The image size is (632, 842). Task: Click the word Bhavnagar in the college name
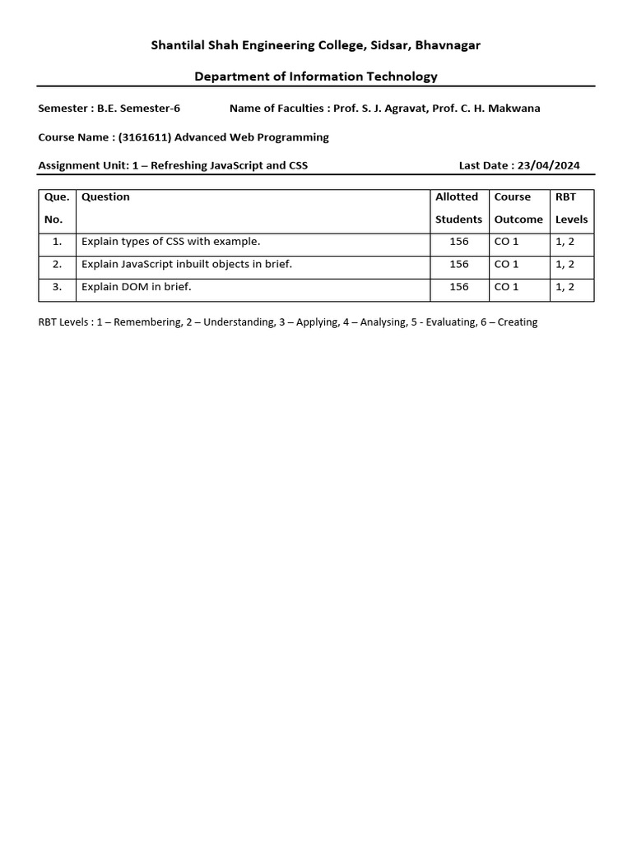[x=448, y=45]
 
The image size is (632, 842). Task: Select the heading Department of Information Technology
[x=316, y=76]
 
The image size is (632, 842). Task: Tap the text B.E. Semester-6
[x=138, y=109]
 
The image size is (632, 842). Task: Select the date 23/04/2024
[x=548, y=165]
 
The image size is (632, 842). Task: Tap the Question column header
[x=105, y=197]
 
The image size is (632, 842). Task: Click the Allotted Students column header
[x=458, y=208]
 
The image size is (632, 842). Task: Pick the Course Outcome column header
[x=518, y=208]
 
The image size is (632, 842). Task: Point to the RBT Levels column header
[x=571, y=208]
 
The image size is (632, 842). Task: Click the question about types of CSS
[x=170, y=242]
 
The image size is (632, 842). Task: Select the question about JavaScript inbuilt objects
[x=187, y=265]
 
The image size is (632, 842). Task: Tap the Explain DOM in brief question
[x=136, y=287]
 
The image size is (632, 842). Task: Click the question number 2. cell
[x=57, y=265]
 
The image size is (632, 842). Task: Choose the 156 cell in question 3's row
[x=458, y=287]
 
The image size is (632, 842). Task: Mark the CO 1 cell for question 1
[x=506, y=242]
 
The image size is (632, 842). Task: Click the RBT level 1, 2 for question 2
[x=565, y=265]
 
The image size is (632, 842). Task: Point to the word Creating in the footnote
[x=517, y=322]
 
